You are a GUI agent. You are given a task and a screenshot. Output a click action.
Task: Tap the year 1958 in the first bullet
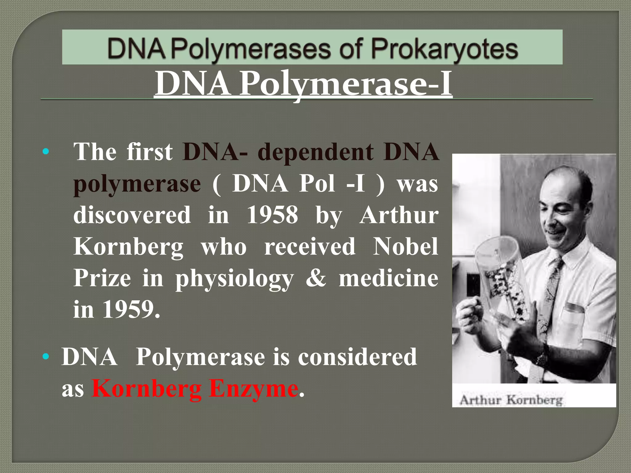click(x=272, y=215)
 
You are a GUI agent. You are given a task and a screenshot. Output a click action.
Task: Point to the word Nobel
click(x=405, y=246)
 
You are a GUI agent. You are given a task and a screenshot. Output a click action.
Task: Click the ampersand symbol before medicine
click(x=315, y=278)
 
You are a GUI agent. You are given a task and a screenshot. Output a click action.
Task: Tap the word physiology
click(x=234, y=279)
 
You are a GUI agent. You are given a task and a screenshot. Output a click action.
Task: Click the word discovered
click(x=132, y=215)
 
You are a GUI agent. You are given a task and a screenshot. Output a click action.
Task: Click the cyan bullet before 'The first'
click(x=46, y=152)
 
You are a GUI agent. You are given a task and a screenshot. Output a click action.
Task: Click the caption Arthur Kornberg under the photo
click(x=511, y=400)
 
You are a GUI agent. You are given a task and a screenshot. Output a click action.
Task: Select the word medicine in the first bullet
click(x=388, y=278)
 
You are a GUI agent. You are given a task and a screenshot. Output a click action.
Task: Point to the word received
click(x=310, y=246)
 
